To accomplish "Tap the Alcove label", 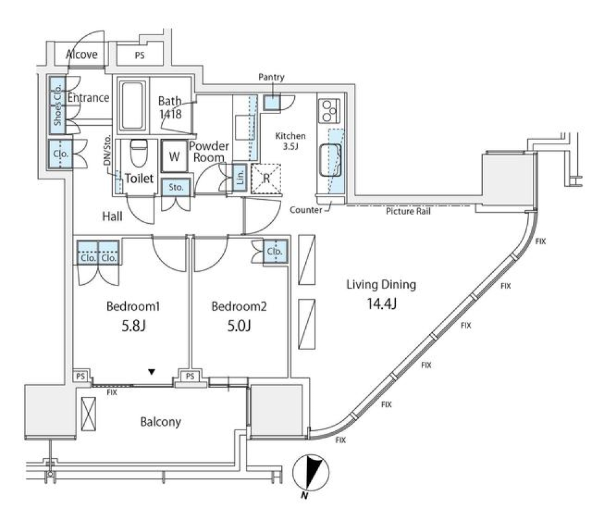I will [x=81, y=54].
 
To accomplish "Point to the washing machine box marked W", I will [x=175, y=157].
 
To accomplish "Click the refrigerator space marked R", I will [x=266, y=178].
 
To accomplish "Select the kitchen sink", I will [x=331, y=159].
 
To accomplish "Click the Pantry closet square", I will [x=271, y=102].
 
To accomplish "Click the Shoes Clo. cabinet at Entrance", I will [x=57, y=104].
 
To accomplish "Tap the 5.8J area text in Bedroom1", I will [x=134, y=326].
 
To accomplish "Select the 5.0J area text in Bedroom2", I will [x=239, y=326].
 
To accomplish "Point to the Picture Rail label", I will [x=408, y=211].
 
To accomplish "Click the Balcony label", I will [x=160, y=422].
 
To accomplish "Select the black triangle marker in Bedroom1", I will [x=151, y=372].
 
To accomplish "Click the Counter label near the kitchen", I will [x=306, y=210].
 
